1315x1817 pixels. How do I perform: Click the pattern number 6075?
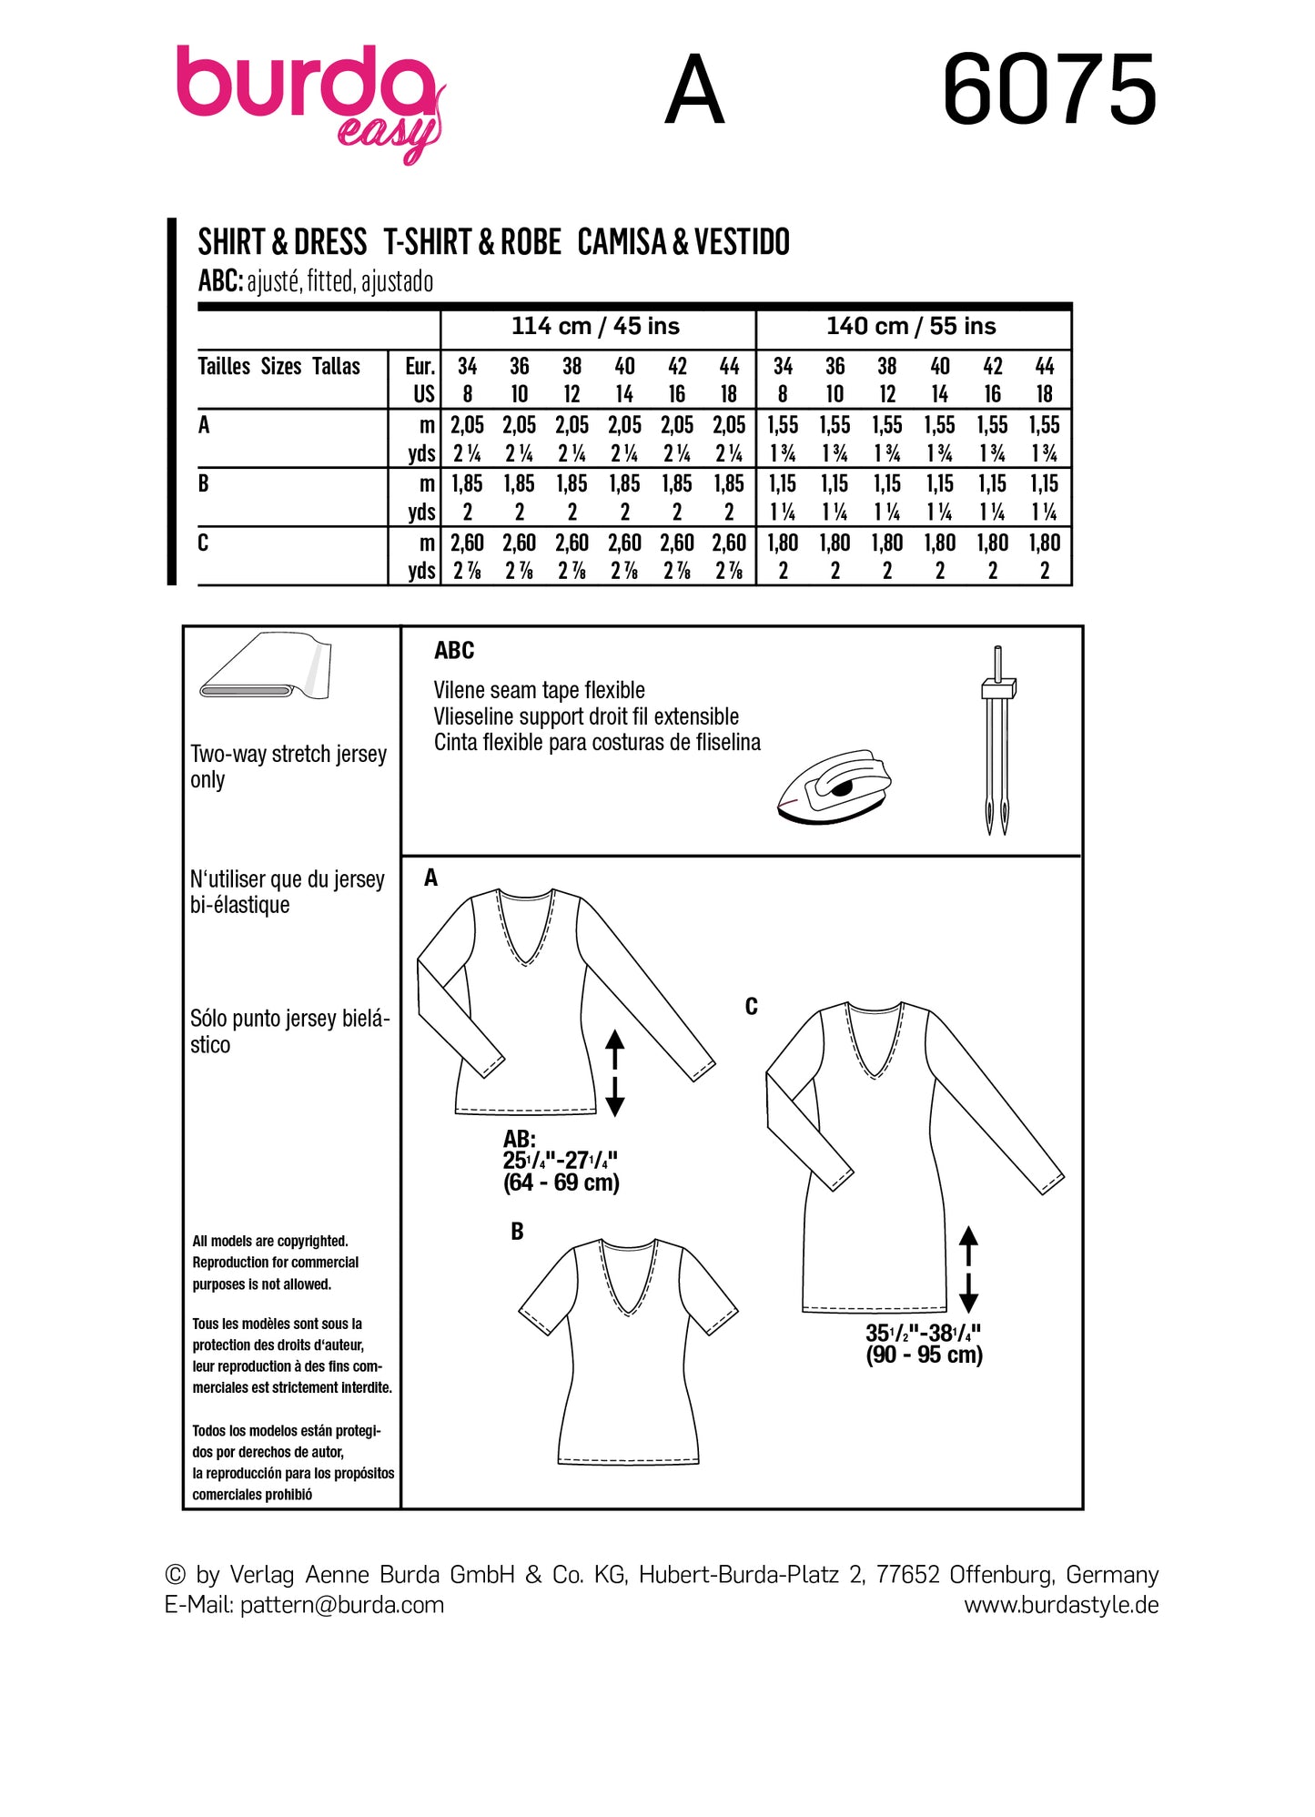point(1048,91)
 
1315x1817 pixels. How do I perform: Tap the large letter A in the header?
point(694,91)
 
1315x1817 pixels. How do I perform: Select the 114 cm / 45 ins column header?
point(595,326)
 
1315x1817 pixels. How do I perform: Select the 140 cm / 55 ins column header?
point(911,326)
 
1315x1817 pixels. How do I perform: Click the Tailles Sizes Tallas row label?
point(278,367)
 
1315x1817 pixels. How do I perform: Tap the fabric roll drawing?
point(266,666)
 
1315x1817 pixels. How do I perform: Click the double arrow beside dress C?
point(968,1269)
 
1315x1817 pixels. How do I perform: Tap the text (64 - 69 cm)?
point(561,1183)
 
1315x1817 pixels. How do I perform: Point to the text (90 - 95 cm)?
point(924,1355)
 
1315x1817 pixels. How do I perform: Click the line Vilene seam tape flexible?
point(539,690)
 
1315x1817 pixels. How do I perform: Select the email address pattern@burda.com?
point(342,1605)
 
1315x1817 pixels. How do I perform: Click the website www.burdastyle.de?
point(1061,1605)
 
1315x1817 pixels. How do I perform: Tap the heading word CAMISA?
point(621,242)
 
